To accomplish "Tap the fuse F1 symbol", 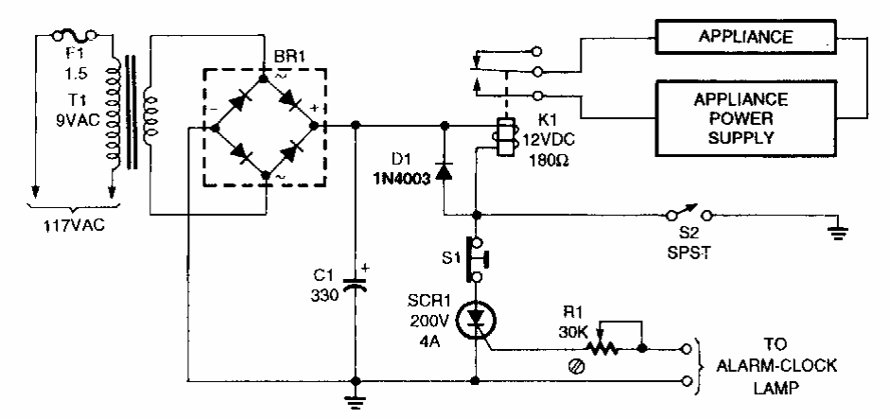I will pyautogui.click(x=78, y=37).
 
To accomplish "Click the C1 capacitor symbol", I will pyautogui.click(x=355, y=283).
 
